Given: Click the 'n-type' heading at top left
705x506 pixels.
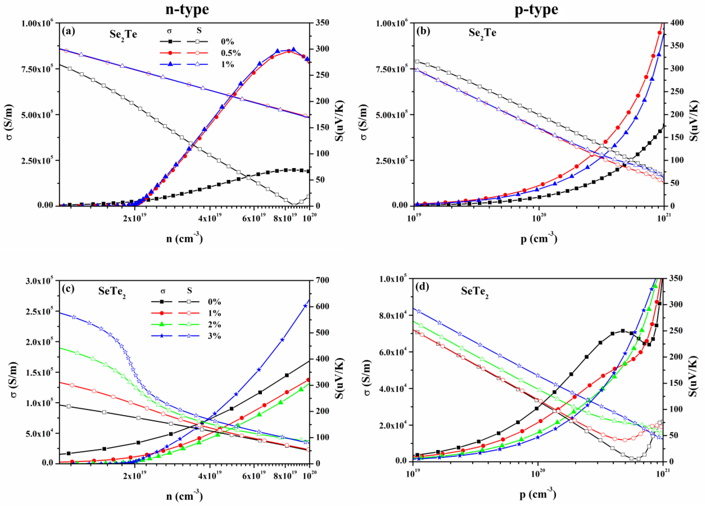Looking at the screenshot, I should coord(187,9).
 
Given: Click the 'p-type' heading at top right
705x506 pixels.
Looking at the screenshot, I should coord(536,9).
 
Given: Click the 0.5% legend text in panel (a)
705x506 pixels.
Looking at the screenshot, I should coord(231,53).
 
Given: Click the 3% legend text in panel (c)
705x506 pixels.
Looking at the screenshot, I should coord(214,336).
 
